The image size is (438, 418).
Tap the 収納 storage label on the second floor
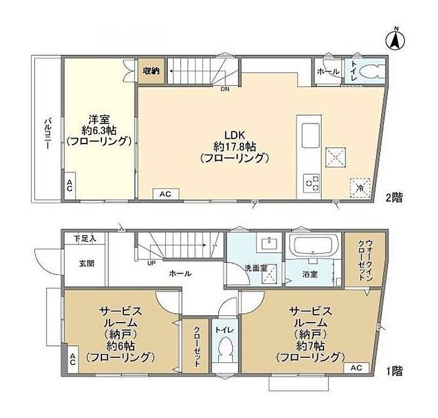(x=151, y=71)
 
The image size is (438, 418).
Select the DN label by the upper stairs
(x=225, y=90)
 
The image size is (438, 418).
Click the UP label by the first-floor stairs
(x=151, y=263)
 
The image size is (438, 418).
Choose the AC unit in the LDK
(x=166, y=194)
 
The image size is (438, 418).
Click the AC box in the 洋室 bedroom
(x=70, y=185)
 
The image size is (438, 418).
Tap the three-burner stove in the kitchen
(x=312, y=184)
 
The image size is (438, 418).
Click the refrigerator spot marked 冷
(x=360, y=187)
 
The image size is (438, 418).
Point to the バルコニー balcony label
(x=48, y=133)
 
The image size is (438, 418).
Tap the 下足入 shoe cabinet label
(x=85, y=239)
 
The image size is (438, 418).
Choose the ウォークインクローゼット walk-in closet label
(x=365, y=259)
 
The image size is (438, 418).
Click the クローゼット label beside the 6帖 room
(x=196, y=347)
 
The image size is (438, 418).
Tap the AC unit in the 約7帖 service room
(x=357, y=367)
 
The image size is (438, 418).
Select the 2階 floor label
(x=394, y=198)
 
